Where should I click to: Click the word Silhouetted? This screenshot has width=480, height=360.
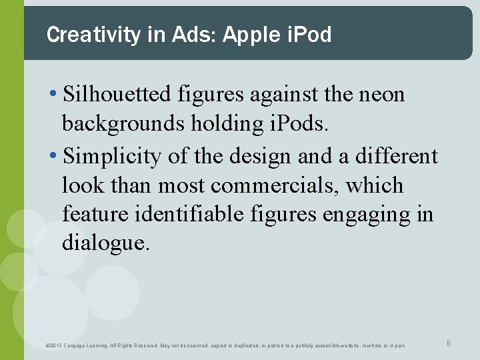(x=117, y=95)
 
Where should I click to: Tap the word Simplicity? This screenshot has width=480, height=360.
(x=112, y=156)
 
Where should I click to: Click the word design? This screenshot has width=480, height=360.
(x=261, y=156)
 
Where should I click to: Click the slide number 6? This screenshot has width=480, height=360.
(x=449, y=343)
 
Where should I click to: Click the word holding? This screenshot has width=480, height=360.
(x=219, y=124)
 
